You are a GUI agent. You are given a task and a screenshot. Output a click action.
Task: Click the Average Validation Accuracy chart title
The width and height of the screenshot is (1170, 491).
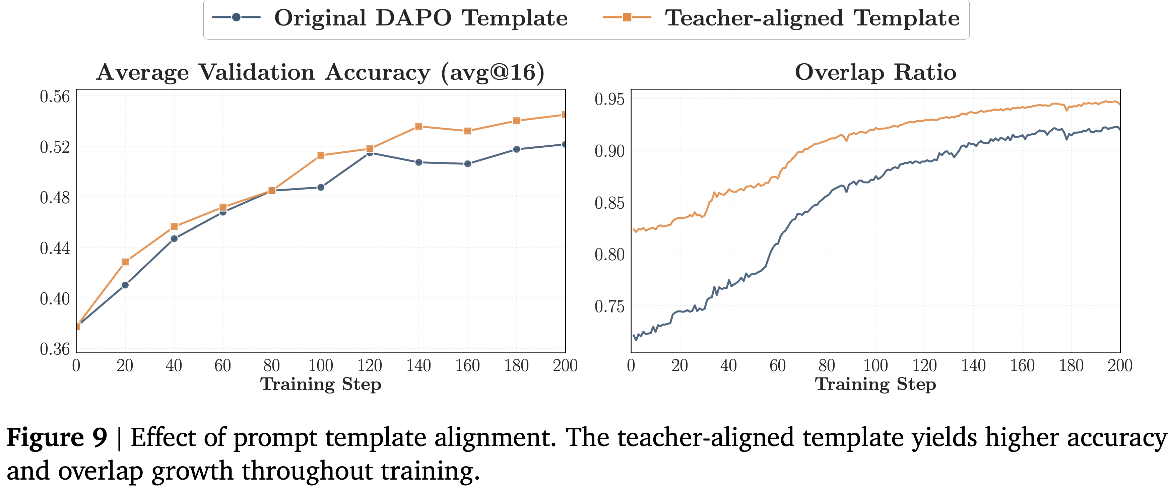[321, 72]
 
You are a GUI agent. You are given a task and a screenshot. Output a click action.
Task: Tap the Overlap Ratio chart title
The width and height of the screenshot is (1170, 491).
[875, 72]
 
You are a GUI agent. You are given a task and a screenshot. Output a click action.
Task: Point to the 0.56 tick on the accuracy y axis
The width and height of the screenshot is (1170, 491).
[55, 97]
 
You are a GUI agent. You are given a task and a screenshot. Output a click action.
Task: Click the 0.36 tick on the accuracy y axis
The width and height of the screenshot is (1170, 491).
[55, 349]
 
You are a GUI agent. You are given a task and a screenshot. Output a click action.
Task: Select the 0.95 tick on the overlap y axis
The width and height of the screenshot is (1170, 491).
[609, 99]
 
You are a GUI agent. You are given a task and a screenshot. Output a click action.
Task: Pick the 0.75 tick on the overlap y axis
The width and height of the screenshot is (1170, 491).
[609, 306]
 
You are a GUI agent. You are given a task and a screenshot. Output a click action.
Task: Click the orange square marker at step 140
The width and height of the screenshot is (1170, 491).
[419, 126]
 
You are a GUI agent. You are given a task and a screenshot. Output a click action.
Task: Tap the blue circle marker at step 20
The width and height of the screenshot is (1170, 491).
[125, 285]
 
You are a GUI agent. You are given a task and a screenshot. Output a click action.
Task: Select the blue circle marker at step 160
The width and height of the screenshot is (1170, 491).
[467, 163]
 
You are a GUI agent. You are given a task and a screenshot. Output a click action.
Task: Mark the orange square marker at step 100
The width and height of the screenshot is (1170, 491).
[321, 155]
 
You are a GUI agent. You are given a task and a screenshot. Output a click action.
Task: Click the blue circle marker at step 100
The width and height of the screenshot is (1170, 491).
[321, 187]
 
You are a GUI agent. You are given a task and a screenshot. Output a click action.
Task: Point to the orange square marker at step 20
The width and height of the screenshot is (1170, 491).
[125, 262]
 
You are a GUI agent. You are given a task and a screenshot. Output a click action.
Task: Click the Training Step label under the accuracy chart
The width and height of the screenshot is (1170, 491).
[321, 384]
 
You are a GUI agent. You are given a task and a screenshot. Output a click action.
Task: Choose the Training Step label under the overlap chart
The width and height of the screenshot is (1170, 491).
[875, 384]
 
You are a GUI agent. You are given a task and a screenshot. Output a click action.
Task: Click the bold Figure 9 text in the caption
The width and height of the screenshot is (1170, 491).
[57, 437]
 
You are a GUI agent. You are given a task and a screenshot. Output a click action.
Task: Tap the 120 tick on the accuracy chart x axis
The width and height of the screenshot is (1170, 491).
[369, 366]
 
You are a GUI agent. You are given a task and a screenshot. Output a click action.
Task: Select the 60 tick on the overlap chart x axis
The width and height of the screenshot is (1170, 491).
[778, 366]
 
